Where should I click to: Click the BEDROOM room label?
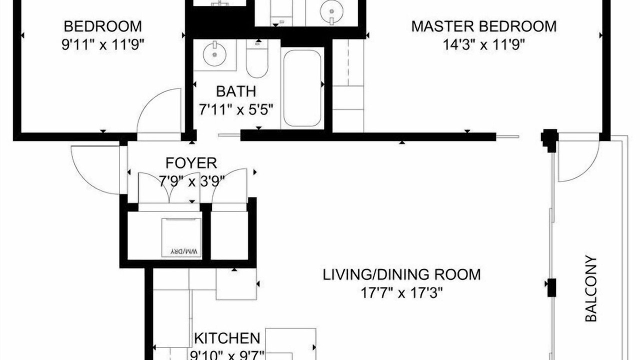(103, 26)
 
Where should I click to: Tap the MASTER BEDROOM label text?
(484, 26)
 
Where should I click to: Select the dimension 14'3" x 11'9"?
(484, 44)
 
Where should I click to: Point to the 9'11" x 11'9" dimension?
(103, 44)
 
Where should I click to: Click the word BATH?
(236, 91)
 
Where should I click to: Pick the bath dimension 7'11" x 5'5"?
(236, 109)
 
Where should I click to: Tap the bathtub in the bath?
(302, 88)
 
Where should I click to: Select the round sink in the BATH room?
(214, 54)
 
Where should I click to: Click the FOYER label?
(191, 163)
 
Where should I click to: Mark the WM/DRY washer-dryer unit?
(181, 237)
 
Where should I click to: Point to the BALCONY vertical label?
(591, 288)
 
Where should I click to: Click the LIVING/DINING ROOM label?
(401, 274)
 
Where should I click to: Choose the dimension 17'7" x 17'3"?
(401, 293)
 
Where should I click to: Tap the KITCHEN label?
(227, 338)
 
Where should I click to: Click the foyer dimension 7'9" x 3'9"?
(191, 181)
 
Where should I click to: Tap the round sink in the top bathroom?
(331, 12)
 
